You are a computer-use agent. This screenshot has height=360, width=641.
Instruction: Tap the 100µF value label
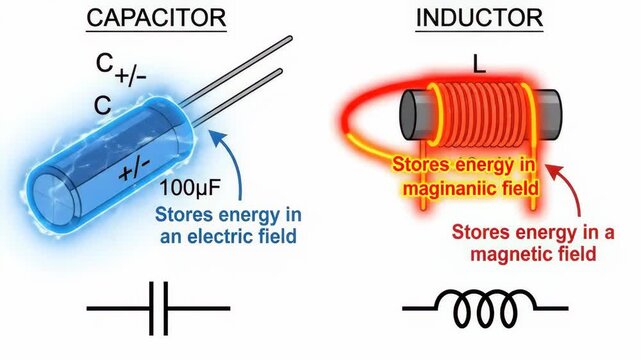point(187,186)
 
